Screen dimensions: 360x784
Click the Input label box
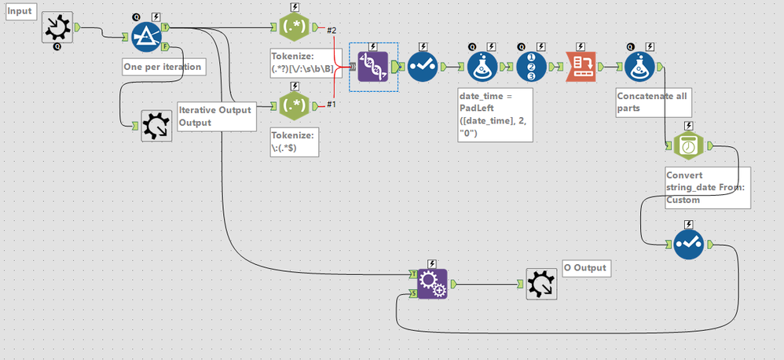click(x=20, y=11)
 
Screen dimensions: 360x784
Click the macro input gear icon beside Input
click(x=57, y=28)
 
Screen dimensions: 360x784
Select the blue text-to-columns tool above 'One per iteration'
click(x=145, y=35)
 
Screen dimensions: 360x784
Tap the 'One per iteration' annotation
click(x=163, y=67)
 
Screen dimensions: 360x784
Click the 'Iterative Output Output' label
click(x=216, y=116)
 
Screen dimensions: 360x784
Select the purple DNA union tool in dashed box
click(x=373, y=67)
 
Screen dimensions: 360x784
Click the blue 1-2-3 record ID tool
click(x=532, y=67)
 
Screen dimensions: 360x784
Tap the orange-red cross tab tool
click(x=582, y=67)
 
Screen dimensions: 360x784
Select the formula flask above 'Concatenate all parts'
click(x=640, y=67)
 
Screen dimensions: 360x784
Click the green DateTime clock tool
click(x=688, y=145)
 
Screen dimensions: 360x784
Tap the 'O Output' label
click(x=585, y=268)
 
